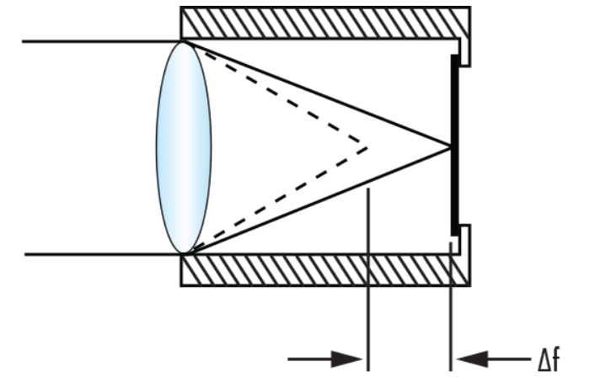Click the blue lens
[184, 146]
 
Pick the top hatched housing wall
[324, 24]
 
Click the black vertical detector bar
[454, 146]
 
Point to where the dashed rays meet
[367, 148]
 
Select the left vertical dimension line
[368, 278]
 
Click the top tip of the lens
[184, 40]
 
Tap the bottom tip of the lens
[184, 252]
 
